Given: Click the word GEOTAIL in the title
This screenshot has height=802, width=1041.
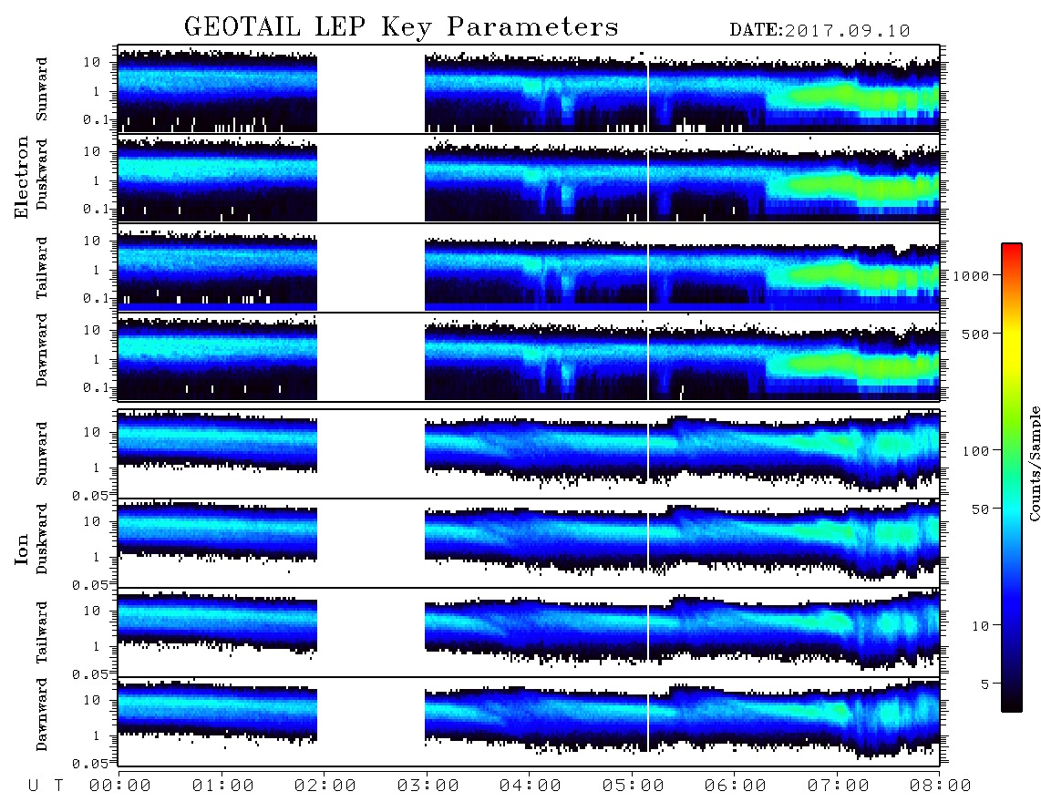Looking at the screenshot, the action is tap(242, 26).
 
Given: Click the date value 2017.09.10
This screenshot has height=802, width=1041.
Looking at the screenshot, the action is tap(847, 31).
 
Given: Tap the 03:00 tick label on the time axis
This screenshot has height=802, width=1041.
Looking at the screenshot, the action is tap(428, 786).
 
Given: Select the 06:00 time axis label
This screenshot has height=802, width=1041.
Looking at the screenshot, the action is tap(736, 786).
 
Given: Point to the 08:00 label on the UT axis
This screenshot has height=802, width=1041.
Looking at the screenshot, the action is tap(941, 786).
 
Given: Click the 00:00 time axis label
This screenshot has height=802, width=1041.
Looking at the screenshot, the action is tap(120, 786).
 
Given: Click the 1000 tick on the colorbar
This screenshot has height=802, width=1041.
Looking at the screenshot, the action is tap(972, 275).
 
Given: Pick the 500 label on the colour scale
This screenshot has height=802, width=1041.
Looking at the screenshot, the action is tap(976, 334).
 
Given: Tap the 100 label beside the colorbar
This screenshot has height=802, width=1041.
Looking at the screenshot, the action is tap(976, 451).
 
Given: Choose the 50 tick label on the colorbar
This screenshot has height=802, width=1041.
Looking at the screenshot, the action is tap(981, 509).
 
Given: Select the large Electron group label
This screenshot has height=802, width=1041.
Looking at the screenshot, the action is tap(22, 177).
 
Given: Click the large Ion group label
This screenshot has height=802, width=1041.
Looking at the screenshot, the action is tap(22, 549).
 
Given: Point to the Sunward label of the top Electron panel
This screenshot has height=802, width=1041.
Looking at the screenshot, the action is tap(42, 89).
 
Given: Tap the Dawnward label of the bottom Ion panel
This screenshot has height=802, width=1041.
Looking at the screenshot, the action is tap(42, 715).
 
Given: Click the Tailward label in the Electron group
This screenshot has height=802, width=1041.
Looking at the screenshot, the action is tap(42, 268).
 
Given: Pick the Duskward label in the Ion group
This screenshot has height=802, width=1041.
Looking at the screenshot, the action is tap(42, 539).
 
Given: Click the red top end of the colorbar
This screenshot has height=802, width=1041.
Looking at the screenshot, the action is tap(1011, 246).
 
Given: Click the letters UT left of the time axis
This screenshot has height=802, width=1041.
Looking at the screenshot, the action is tap(46, 787).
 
